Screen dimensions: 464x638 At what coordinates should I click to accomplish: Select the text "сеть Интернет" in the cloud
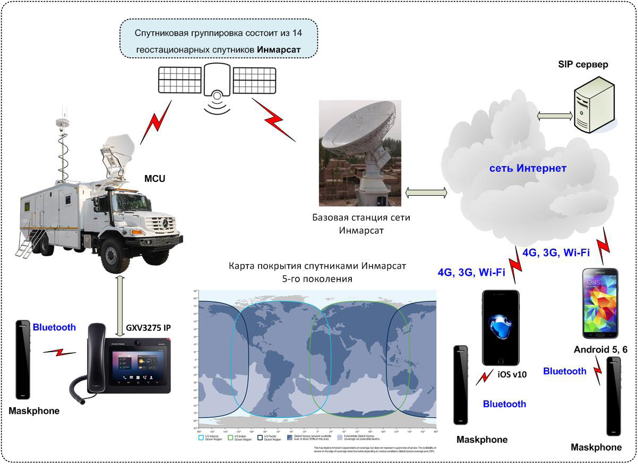point(529,168)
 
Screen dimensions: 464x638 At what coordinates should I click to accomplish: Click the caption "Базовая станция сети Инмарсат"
point(361,224)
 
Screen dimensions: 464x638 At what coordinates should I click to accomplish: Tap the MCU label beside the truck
point(154,178)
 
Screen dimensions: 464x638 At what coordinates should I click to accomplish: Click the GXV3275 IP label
point(148,327)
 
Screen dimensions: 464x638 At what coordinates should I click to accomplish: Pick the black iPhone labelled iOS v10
point(501,327)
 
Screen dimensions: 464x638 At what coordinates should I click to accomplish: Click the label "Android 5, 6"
point(600,349)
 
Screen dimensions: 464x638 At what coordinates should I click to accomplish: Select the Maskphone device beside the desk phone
point(23,359)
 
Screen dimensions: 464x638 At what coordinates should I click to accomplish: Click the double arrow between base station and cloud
point(426,192)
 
